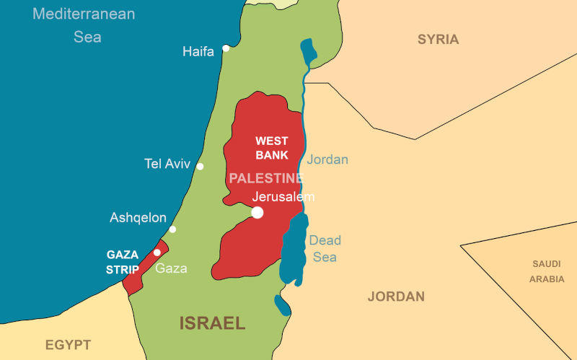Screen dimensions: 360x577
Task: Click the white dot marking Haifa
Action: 226,48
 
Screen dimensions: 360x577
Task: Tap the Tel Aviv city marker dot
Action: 200,167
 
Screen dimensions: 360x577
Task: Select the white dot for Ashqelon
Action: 172,229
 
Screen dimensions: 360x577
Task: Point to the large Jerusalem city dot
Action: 257,212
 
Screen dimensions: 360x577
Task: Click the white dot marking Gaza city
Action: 157,253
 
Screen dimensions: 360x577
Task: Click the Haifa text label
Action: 198,51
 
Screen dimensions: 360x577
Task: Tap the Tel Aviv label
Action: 167,164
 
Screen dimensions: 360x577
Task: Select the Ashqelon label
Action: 138,217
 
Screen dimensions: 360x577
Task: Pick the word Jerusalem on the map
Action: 283,196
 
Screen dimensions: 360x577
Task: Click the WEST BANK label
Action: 272,148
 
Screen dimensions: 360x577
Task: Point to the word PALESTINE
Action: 266,178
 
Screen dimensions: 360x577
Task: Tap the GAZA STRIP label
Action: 123,262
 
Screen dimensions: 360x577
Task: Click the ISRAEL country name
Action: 213,322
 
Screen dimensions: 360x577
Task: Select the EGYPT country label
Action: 68,345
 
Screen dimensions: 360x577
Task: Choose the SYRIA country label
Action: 438,40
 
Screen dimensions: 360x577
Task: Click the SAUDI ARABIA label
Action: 547,271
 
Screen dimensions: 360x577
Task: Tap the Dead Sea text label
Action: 325,248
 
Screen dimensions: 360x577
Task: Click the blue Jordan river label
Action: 327,159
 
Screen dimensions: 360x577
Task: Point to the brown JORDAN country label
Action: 396,297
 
